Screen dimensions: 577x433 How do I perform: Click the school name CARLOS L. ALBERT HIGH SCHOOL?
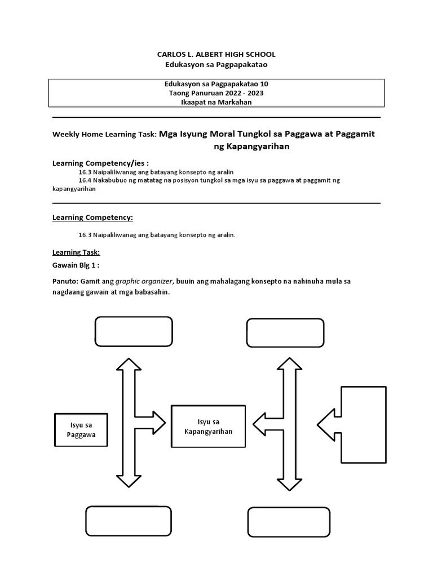[x=216, y=54]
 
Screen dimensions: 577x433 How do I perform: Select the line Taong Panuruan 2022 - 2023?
[x=216, y=93]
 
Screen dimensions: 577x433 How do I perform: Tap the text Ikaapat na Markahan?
[x=216, y=102]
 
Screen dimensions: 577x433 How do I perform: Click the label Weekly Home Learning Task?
[x=104, y=135]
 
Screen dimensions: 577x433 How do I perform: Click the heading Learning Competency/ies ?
[x=100, y=163]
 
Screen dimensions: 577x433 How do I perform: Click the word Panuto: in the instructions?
[x=65, y=281]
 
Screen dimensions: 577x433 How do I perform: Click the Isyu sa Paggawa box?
[x=81, y=430]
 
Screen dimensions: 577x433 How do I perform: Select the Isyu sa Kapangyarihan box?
[x=207, y=426]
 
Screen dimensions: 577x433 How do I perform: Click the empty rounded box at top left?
[x=134, y=331]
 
